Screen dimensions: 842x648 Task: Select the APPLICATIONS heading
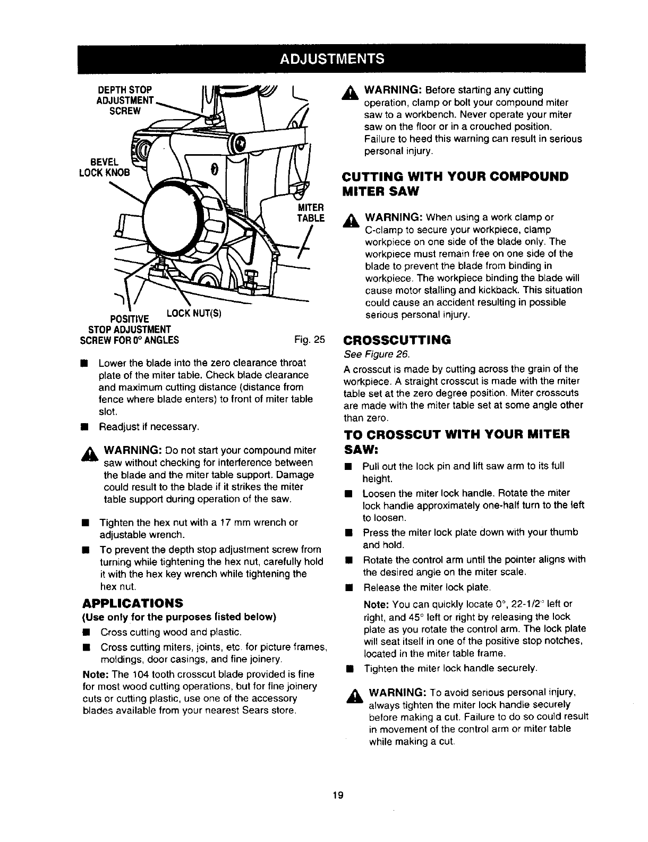(x=132, y=603)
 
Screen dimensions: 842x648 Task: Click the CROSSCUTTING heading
(x=397, y=340)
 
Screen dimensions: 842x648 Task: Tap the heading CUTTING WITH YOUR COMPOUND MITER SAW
(x=455, y=183)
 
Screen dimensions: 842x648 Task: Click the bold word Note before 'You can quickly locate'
(x=375, y=605)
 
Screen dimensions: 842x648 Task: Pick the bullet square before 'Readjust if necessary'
(x=84, y=426)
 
